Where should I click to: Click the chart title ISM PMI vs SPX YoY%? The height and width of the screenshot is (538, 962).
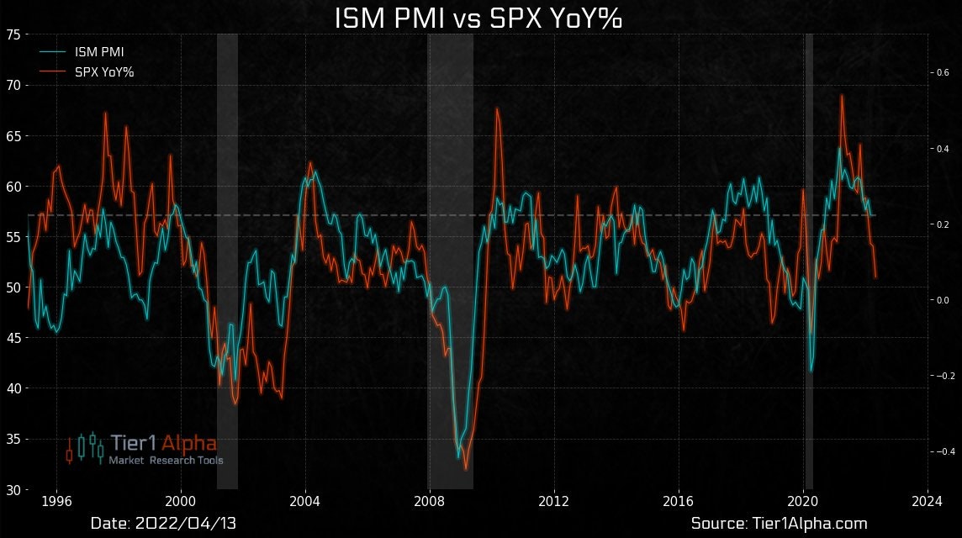478,18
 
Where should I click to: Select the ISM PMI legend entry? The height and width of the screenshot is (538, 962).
99,52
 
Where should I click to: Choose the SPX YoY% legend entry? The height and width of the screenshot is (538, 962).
104,72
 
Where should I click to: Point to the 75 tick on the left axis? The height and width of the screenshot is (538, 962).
13,34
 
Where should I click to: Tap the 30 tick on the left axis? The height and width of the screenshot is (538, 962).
13,489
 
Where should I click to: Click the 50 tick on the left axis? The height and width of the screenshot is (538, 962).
13,287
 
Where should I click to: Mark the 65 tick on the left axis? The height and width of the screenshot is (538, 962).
13,135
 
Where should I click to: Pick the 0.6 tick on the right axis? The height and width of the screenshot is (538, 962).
941,73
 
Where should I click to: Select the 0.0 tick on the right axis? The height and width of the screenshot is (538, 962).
941,300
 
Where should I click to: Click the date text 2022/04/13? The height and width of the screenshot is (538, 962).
163,524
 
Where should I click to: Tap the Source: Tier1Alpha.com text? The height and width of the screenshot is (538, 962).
779,524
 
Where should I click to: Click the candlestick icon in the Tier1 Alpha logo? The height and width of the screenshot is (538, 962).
85,447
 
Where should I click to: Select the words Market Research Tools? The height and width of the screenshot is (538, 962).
166,461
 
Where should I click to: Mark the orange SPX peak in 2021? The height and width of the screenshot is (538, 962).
842,95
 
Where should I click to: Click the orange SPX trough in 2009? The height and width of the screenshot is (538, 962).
466,470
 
